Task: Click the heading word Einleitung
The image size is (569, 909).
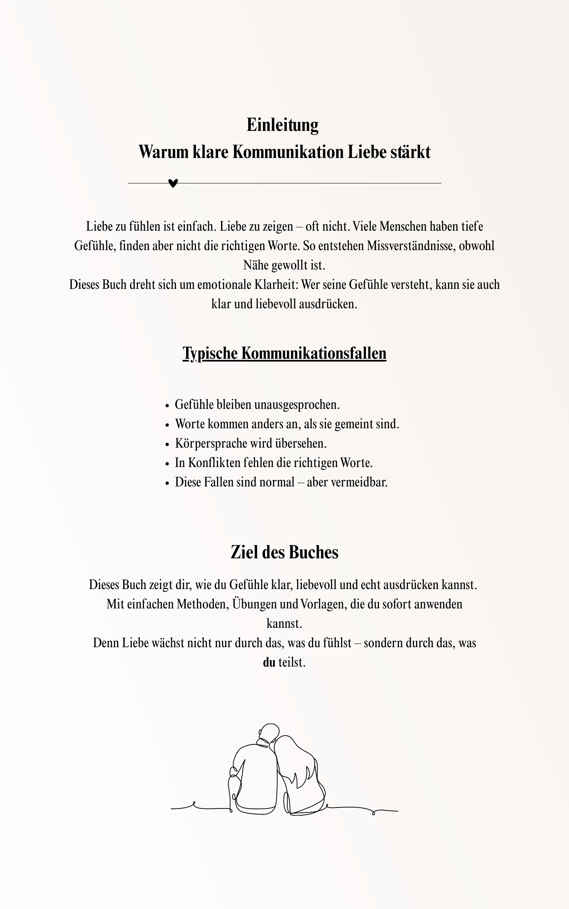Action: click(282, 125)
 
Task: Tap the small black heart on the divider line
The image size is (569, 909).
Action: click(173, 183)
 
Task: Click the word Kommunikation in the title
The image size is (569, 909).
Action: click(288, 152)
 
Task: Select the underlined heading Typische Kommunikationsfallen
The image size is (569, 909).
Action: click(284, 353)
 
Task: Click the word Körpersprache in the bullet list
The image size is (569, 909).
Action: click(211, 443)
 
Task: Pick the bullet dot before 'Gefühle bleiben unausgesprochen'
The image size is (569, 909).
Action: click(167, 406)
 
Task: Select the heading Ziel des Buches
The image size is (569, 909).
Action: click(284, 552)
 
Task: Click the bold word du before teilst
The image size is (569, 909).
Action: click(269, 662)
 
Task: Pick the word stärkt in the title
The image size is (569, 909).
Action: click(410, 152)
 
